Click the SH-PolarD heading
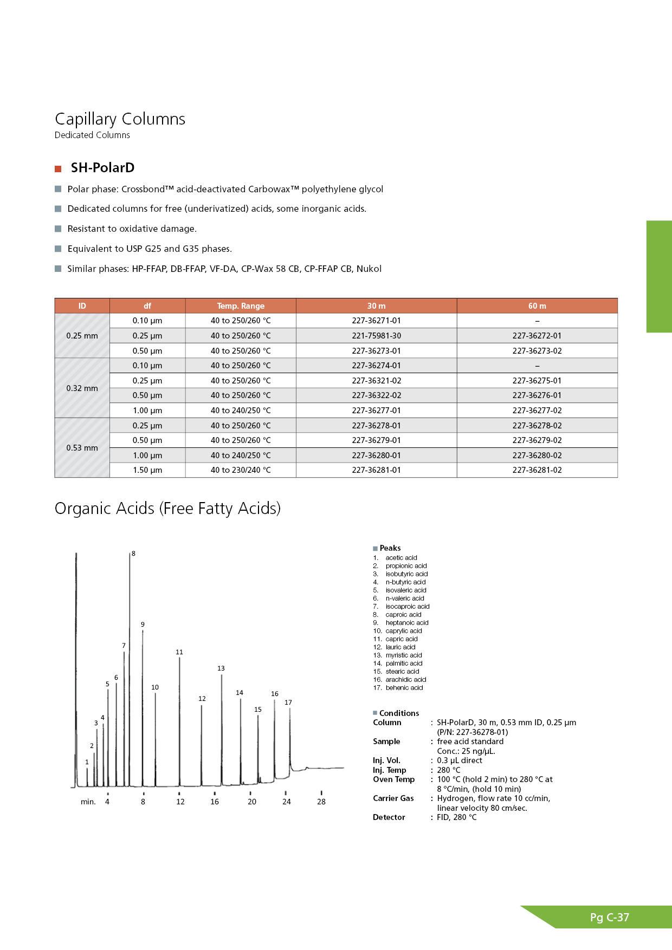(x=102, y=168)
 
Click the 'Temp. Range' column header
(x=241, y=306)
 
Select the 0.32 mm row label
(x=82, y=388)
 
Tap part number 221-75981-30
(x=376, y=336)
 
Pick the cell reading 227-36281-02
(x=537, y=470)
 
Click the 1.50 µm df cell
(x=147, y=470)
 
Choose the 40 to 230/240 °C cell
(x=241, y=470)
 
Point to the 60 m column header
(x=537, y=306)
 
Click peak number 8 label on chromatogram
(x=133, y=554)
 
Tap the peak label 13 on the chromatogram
(x=221, y=668)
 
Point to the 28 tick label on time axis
(x=321, y=802)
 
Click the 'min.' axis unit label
(x=88, y=802)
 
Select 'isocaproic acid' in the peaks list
(x=408, y=607)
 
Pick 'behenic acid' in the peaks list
(x=404, y=688)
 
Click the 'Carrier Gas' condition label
(x=393, y=798)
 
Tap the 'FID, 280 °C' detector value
(x=457, y=817)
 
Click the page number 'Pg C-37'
(x=610, y=918)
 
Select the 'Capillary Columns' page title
(x=120, y=119)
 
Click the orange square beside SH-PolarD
(x=58, y=169)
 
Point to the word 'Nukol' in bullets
(x=369, y=269)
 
